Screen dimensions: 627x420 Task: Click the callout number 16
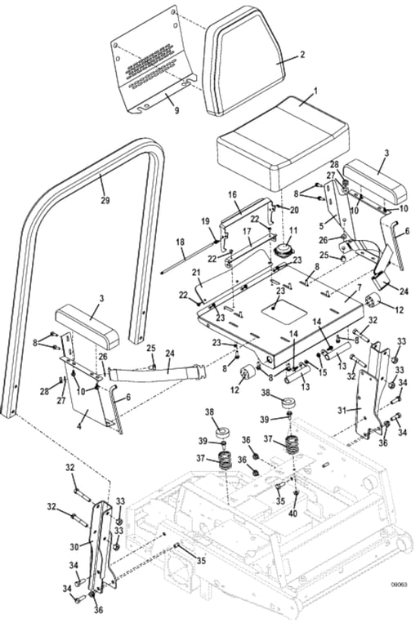coord(232,195)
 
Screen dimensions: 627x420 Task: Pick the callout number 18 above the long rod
coord(181,242)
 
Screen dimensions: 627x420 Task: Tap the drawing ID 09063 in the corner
coord(400,607)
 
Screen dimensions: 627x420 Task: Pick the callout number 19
coord(205,221)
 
